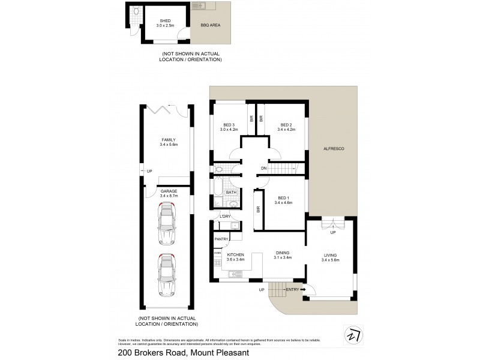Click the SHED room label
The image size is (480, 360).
point(157,21)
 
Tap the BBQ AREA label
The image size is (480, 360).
point(210,26)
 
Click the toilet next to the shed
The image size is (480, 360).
point(136,11)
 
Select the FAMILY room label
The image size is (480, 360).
point(168,139)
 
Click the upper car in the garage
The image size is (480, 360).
point(167,224)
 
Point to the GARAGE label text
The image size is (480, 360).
point(168,191)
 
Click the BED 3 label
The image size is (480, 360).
point(229,125)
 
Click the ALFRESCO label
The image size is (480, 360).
point(333,148)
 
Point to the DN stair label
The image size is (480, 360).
point(263,169)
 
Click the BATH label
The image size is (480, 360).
point(230,193)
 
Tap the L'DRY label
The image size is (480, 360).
point(226,216)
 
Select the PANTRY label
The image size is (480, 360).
point(221,239)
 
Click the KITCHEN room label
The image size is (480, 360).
point(235,254)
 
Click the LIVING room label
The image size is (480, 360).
point(331,257)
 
